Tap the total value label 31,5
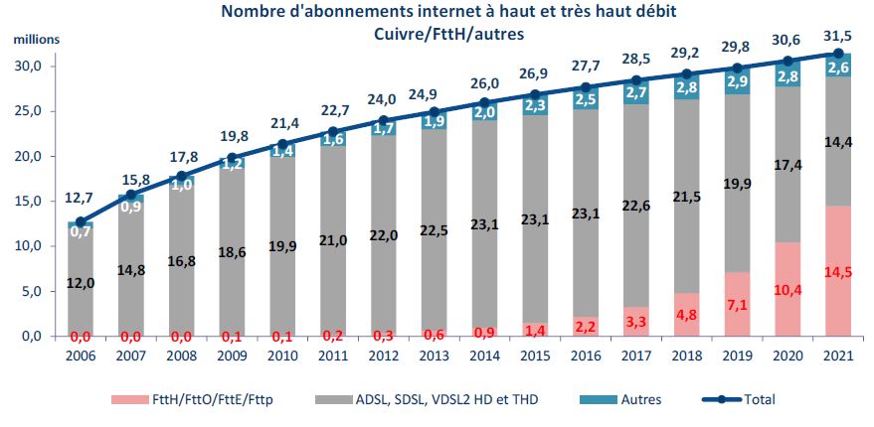837,37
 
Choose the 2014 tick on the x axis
483,354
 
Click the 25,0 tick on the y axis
36,111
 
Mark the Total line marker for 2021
837,54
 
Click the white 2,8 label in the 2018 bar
686,86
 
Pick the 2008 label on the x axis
180,354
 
